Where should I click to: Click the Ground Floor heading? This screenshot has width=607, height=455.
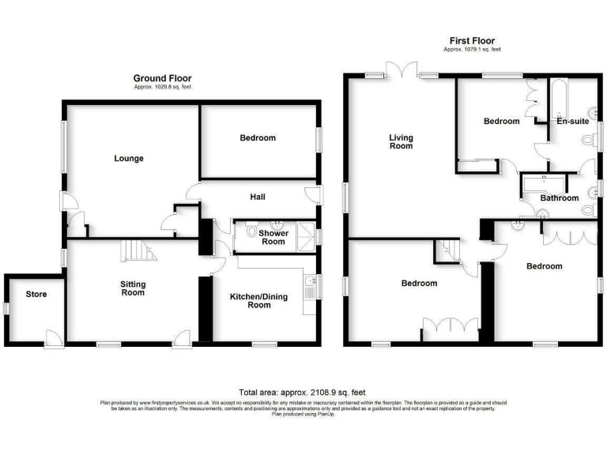click(x=162, y=78)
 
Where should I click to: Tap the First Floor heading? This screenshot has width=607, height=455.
click(x=472, y=41)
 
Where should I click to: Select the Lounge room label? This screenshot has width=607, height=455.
click(x=129, y=159)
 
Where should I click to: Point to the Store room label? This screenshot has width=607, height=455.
click(x=36, y=295)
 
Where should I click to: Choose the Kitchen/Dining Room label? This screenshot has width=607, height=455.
click(x=255, y=300)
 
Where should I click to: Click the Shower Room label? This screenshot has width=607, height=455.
click(x=273, y=236)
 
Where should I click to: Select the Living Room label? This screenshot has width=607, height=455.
click(x=401, y=141)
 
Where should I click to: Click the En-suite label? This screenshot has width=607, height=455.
click(x=571, y=122)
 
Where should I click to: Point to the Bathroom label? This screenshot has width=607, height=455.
click(x=560, y=198)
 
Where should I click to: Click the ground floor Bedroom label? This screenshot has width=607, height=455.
click(x=258, y=138)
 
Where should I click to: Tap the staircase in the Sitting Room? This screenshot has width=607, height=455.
click(x=137, y=251)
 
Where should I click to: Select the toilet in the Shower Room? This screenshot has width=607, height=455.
click(x=252, y=232)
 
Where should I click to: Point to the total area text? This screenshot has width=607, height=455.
click(x=302, y=393)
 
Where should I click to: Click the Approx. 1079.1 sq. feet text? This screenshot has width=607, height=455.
click(x=472, y=50)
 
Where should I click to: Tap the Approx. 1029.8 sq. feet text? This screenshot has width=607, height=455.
click(x=162, y=86)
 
